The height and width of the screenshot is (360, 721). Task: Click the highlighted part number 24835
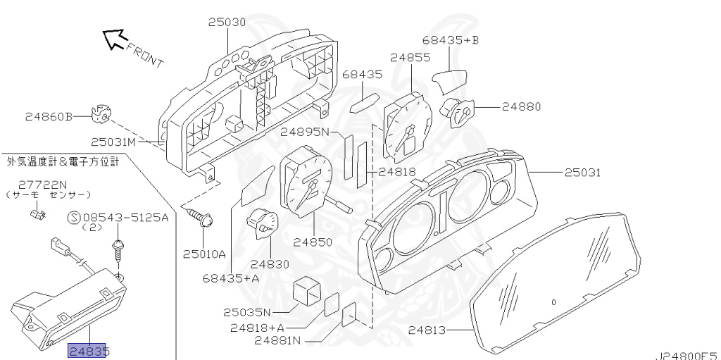coord(89,350)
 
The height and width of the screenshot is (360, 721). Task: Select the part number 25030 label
coord(227,23)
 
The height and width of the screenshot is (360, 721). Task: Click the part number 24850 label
coord(313,242)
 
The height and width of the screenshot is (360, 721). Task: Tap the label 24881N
coord(277,342)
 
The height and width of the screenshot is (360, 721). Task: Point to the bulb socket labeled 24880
coord(458,111)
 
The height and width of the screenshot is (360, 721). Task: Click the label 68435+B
coord(451,40)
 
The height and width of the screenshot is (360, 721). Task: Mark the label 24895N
coord(305,132)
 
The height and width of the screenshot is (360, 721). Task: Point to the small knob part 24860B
coord(102,113)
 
